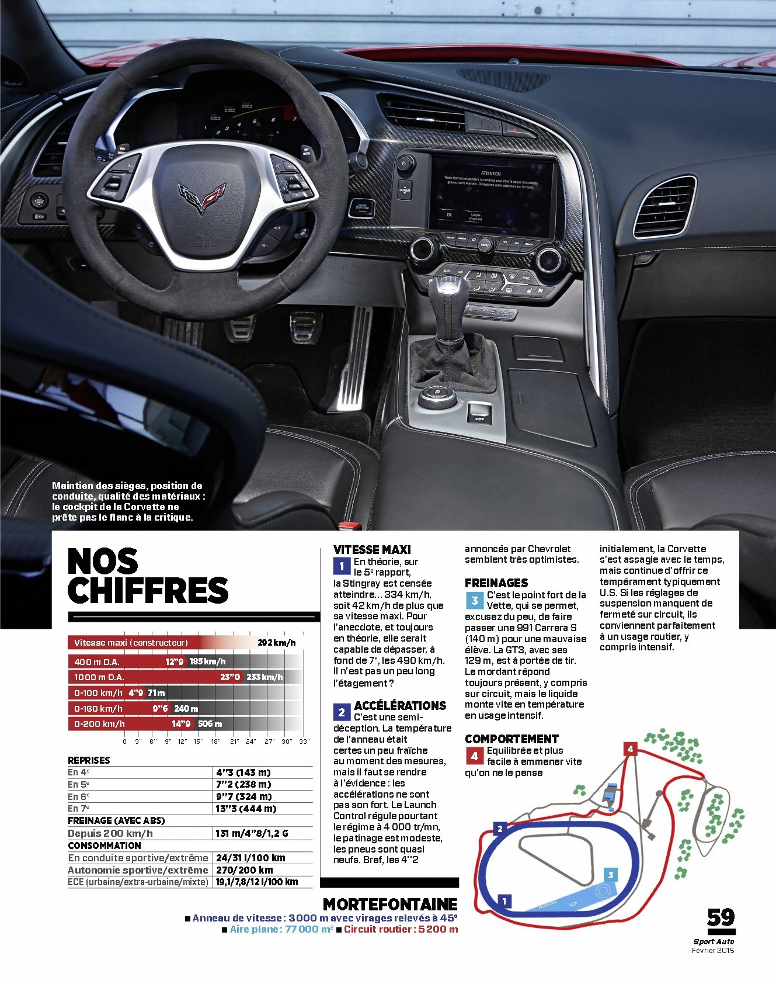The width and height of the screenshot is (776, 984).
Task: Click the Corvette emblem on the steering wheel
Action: [x=201, y=196]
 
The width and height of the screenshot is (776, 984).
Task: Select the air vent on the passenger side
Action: [x=664, y=206]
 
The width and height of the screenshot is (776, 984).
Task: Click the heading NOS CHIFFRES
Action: [x=148, y=576]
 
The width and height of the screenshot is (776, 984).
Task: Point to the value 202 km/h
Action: [x=277, y=643]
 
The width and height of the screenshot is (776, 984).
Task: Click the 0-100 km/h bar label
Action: [x=98, y=693]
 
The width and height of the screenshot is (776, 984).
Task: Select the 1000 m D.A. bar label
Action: [x=99, y=677]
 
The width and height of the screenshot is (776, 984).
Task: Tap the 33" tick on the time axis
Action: [x=304, y=741]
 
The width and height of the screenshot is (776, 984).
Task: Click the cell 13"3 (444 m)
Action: [x=246, y=809]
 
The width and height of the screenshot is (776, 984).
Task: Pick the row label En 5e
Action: [x=79, y=784]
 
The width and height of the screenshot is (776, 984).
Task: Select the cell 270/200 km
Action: [x=245, y=870]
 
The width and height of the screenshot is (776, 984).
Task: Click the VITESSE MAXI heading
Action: [x=372, y=549]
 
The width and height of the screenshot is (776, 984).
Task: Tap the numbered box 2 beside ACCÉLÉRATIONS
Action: [x=342, y=712]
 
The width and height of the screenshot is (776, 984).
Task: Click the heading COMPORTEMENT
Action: [x=511, y=739]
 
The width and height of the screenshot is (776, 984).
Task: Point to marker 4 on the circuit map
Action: [x=630, y=749]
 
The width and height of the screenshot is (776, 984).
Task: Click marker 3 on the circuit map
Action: [x=610, y=874]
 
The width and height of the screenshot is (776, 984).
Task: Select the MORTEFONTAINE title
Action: [x=390, y=904]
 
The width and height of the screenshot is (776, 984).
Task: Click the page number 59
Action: [x=721, y=917]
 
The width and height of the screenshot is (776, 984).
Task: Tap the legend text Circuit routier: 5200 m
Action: [x=401, y=929]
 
